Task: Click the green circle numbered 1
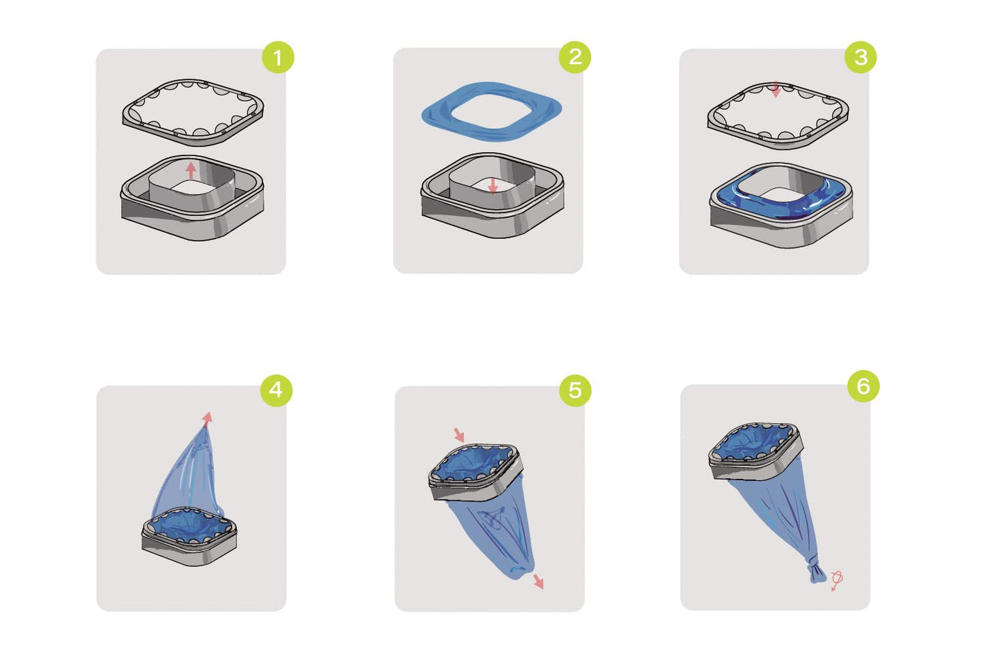click(278, 57)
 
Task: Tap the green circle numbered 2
click(575, 57)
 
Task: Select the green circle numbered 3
click(861, 57)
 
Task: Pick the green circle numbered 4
click(276, 390)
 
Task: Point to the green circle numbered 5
click(575, 390)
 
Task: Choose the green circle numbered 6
click(863, 386)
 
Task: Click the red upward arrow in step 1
click(191, 170)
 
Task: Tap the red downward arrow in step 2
click(493, 185)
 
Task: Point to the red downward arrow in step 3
click(776, 89)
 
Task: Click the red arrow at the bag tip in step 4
click(207, 419)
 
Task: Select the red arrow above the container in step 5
click(459, 435)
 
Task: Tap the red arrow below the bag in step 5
click(539, 581)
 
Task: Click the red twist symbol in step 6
click(836, 580)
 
